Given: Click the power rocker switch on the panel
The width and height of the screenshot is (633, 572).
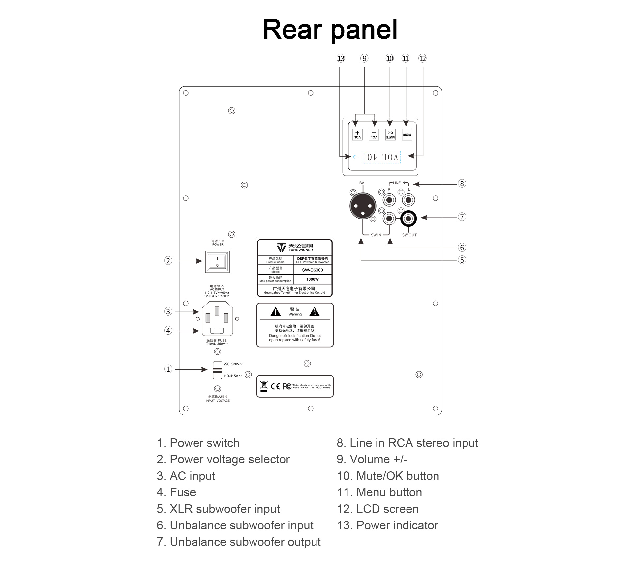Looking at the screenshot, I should click(217, 261).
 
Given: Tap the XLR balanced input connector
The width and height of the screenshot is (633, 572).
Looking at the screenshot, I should click(363, 206).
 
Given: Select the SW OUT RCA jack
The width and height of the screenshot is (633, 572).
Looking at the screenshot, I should click(408, 219).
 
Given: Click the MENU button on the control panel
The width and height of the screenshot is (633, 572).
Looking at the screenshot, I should click(407, 135).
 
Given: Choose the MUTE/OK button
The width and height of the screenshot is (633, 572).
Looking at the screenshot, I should click(390, 135).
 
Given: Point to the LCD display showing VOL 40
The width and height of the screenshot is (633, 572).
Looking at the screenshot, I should click(382, 157).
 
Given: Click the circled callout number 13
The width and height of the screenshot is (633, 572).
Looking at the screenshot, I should click(341, 59).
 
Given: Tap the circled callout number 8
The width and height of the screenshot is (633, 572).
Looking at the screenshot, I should click(462, 184).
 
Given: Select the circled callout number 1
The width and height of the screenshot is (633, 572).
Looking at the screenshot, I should click(168, 369).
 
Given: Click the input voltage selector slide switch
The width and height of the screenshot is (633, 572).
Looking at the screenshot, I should click(217, 370).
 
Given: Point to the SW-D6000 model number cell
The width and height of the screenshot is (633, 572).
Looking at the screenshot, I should click(312, 270).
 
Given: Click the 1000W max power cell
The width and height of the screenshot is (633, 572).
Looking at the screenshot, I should click(312, 279).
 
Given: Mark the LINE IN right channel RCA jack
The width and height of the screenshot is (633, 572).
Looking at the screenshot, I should click(389, 200).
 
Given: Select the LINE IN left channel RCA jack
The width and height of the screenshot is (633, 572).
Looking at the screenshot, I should click(408, 200).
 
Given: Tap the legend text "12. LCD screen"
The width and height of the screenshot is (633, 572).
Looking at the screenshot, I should click(377, 509).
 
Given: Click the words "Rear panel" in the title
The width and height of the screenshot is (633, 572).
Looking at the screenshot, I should click(330, 29).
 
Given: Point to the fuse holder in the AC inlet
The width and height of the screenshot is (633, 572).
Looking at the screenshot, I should click(217, 330).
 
